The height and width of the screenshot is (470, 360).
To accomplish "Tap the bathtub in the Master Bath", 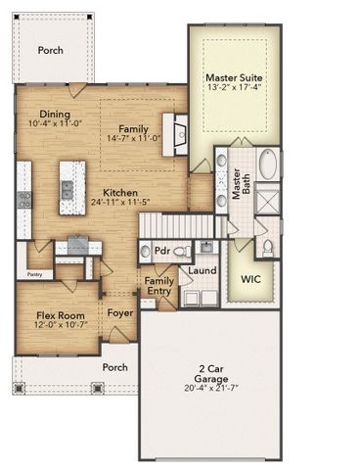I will pyautogui.click(x=268, y=164).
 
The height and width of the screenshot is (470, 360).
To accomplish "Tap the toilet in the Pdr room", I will pyautogui.click(x=179, y=252).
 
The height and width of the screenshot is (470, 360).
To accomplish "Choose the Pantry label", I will pyautogui.click(x=38, y=275).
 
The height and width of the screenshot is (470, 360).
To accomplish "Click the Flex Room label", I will pyautogui.click(x=58, y=316).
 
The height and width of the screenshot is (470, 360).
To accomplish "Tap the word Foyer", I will pyautogui.click(x=120, y=315).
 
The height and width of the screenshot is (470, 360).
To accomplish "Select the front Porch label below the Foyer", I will pyautogui.click(x=115, y=367).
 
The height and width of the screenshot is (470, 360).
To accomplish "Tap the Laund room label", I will pyautogui.click(x=202, y=270).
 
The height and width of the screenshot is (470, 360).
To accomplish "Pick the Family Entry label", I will pyautogui.click(x=158, y=286).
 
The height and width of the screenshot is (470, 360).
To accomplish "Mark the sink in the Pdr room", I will pyautogui.click(x=146, y=252).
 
